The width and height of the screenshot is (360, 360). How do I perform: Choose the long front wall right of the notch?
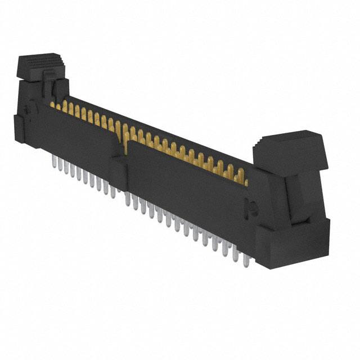(186, 186)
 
